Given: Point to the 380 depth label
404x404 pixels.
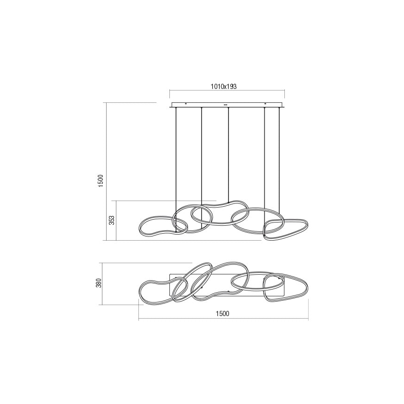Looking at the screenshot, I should (x=98, y=283).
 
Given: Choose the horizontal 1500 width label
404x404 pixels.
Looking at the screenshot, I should (x=223, y=313).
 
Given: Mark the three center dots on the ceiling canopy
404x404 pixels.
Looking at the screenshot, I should (x=226, y=104).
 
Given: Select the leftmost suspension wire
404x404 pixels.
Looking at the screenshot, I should (x=176, y=158).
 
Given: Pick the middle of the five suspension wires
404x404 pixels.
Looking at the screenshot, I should (x=228, y=158).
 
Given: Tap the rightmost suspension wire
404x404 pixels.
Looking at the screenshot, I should (x=280, y=158).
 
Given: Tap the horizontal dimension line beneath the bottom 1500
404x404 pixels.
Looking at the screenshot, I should (x=223, y=319).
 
